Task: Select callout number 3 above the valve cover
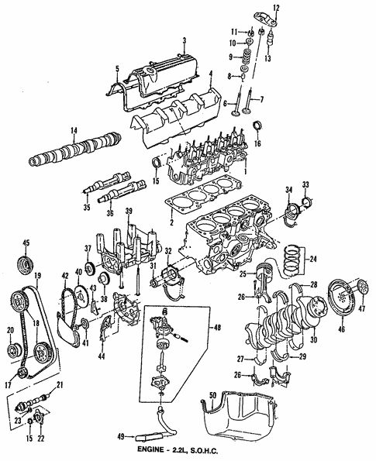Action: pos(183,40)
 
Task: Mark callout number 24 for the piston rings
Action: pos(313,260)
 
